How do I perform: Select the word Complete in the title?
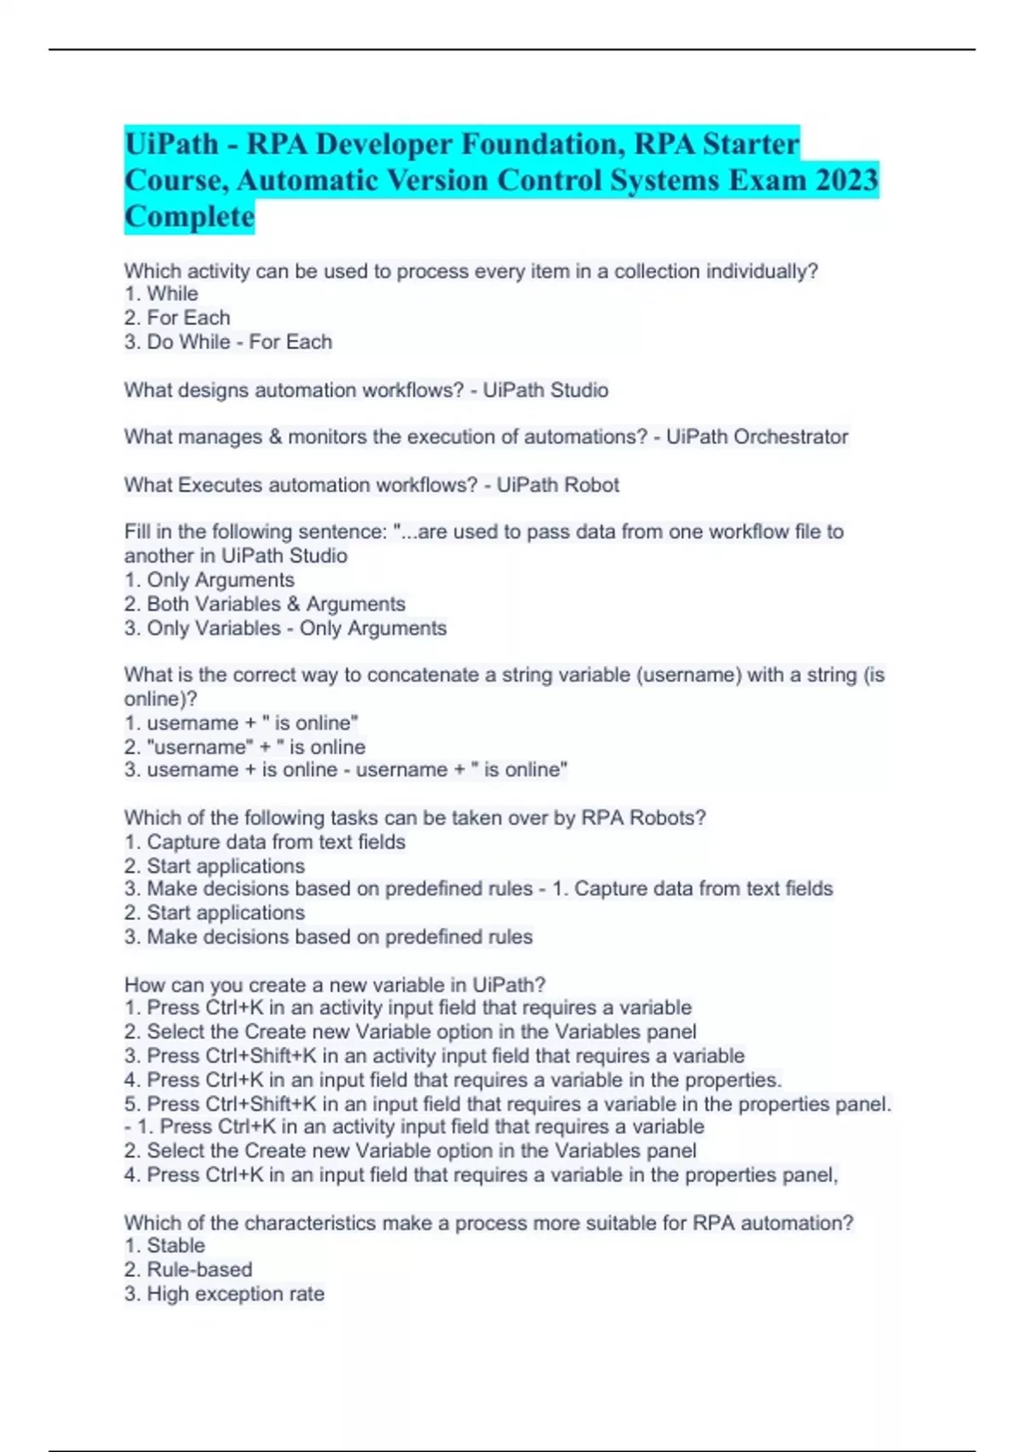pos(190,217)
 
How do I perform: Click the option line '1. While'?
pos(161,294)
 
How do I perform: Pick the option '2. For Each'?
pos(178,318)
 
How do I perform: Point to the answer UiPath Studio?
pos(546,390)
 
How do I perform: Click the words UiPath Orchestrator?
pos(757,437)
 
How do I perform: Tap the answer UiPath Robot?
pos(558,485)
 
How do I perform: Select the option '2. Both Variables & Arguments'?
pos(265,604)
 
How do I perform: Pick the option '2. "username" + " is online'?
pos(245,747)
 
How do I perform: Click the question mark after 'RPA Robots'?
pos(701,817)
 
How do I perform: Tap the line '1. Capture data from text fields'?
pos(265,842)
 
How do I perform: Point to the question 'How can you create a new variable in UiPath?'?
pos(335,985)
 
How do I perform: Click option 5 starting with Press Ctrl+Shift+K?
pos(507,1104)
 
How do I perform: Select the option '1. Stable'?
pos(165,1246)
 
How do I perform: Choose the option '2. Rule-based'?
pos(188,1270)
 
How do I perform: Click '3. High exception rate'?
pos(225,1294)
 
